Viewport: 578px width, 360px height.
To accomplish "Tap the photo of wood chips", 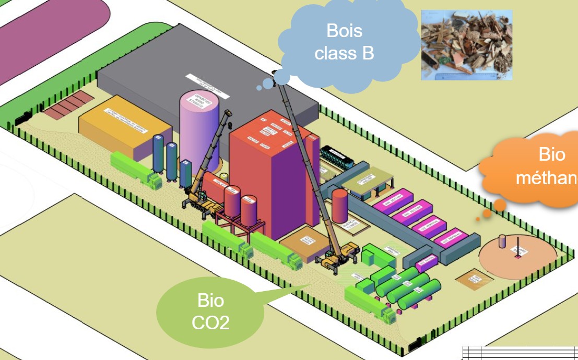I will pos(466,45).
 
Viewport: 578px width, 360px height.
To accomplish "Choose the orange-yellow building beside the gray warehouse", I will pos(125,128).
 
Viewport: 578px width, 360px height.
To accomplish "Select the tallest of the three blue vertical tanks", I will pos(158,153).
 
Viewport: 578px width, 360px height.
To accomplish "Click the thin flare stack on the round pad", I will pos(518,247).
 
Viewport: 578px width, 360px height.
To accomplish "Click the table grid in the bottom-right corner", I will pos(520,352).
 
